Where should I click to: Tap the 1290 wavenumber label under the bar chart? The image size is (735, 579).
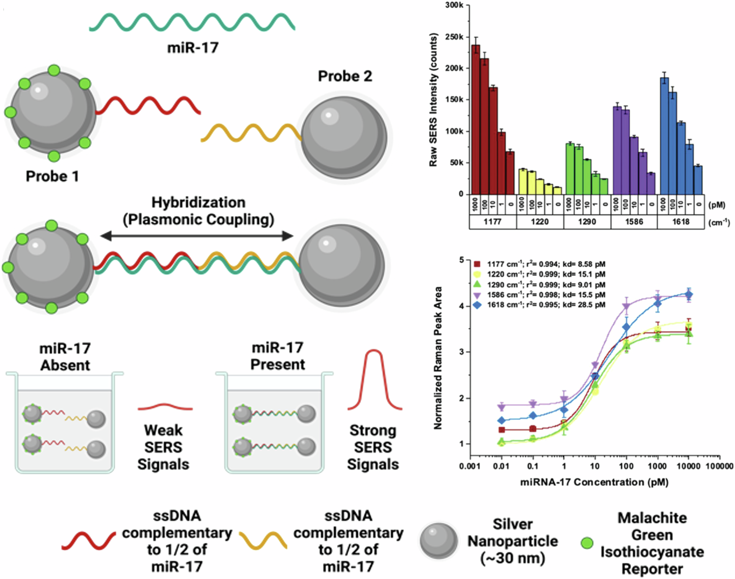[x=587, y=222]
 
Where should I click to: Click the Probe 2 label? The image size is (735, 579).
[x=345, y=76]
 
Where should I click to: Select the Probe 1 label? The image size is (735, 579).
[x=52, y=176]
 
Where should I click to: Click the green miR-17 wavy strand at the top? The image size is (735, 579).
[x=192, y=22]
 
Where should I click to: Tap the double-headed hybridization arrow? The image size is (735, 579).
[x=196, y=236]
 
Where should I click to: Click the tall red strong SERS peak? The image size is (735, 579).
[x=374, y=379]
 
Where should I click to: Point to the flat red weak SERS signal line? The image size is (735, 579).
[x=165, y=407]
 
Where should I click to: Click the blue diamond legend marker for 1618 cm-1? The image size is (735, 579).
[x=477, y=305]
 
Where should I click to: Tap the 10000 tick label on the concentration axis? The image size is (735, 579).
[x=688, y=466]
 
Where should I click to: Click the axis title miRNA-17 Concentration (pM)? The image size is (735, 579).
[x=594, y=482]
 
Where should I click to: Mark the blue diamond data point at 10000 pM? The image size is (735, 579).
[x=688, y=295]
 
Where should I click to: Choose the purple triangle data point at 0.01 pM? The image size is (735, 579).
[x=501, y=407]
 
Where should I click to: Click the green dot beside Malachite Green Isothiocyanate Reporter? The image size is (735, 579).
[x=587, y=543]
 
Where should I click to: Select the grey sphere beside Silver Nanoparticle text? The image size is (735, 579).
[x=439, y=542]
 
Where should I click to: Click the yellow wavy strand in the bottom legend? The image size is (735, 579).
[x=263, y=540]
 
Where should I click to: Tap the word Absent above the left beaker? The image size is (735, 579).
[x=65, y=365]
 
